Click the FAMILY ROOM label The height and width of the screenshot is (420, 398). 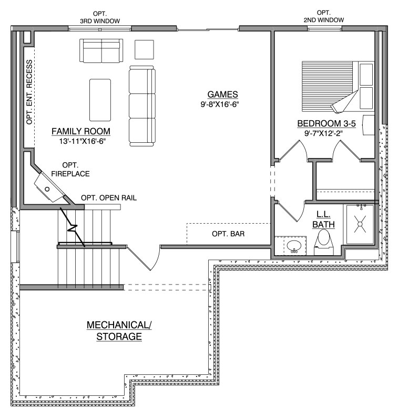[x=81, y=131]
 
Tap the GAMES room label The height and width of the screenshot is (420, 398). [x=222, y=94]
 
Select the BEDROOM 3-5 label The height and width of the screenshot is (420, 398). [x=326, y=123]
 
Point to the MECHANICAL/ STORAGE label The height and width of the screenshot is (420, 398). [x=119, y=331]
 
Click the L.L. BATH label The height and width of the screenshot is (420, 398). [x=323, y=219]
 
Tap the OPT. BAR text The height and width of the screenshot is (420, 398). [x=228, y=234]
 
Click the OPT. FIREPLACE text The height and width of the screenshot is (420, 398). [x=70, y=169]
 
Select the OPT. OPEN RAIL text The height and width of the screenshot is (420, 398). [x=109, y=198]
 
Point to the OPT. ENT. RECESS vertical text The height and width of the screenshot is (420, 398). [x=29, y=92]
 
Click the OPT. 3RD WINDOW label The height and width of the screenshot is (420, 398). [x=100, y=17]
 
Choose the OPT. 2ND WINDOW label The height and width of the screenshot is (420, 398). [x=324, y=16]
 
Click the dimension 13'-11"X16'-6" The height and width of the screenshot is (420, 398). [x=83, y=141]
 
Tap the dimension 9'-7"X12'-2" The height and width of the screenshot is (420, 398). [x=324, y=133]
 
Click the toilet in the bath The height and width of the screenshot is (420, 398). [x=324, y=242]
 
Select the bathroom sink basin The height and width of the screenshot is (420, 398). [x=294, y=245]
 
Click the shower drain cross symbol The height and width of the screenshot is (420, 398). [x=360, y=224]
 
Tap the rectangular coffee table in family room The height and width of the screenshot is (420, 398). [x=100, y=100]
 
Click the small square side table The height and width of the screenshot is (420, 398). [x=144, y=49]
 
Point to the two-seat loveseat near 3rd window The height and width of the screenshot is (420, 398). [x=101, y=50]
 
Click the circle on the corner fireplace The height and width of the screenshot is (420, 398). [x=47, y=190]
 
